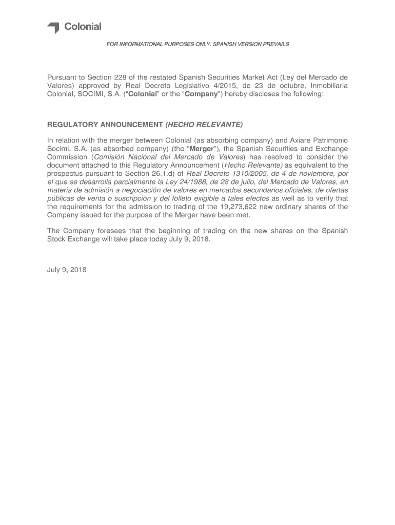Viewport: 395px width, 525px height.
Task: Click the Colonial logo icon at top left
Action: pos(53,28)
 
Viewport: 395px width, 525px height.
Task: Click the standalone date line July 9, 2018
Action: pos(67,270)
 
